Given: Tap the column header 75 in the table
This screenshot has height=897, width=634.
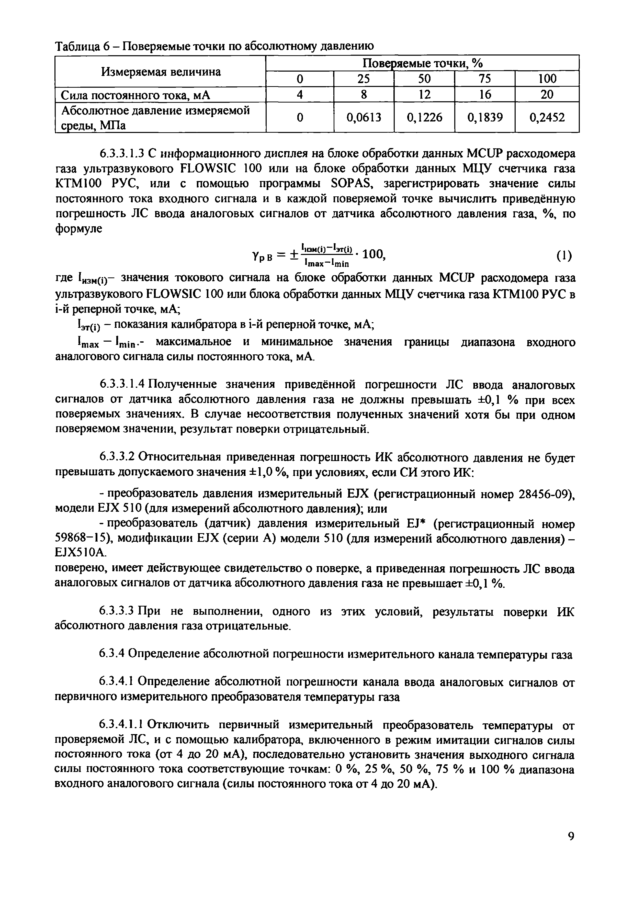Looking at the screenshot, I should point(484,79).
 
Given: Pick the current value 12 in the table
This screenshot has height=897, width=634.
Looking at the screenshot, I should point(424,95).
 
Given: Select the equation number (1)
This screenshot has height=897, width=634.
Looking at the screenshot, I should point(564,256).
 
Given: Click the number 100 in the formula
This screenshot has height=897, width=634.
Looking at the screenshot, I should point(374,254).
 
